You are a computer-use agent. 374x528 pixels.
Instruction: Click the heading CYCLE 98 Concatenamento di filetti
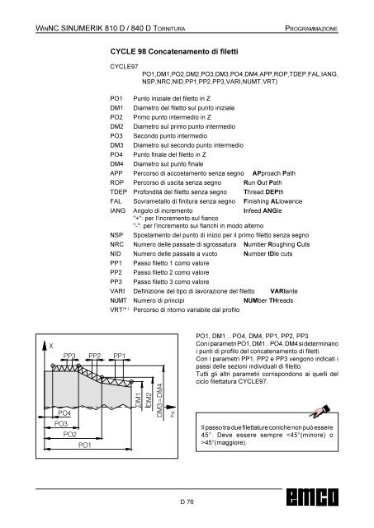coord(174,51)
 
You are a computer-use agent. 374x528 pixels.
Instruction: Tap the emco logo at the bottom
coord(312,497)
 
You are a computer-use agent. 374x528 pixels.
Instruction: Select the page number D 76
coord(187,502)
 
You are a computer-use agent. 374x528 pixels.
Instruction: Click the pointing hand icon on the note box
coord(320,411)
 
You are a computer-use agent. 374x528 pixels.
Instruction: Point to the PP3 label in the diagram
coord(69,356)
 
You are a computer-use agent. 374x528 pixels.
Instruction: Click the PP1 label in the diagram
coord(119,356)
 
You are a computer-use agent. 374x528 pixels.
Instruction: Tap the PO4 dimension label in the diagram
coord(64,412)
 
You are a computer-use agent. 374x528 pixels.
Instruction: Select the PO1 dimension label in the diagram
coord(84,445)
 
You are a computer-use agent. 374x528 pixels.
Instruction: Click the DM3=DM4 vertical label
coord(159,400)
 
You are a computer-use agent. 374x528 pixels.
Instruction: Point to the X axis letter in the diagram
coord(51,346)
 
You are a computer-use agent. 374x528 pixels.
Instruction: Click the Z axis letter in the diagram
coord(173,414)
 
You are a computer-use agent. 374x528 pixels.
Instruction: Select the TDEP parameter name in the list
coord(118,192)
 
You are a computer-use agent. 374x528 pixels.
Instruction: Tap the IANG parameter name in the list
coord(117,210)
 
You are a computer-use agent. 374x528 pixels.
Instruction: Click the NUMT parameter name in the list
coord(118,300)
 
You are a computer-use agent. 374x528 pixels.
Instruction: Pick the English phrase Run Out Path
coord(263,182)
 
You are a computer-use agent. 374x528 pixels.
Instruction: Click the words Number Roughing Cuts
coord(277,244)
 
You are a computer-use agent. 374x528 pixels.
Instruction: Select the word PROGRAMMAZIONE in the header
coord(311,28)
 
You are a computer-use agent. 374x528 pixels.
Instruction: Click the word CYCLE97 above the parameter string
coord(124,67)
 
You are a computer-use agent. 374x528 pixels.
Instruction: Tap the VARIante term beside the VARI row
coord(284,291)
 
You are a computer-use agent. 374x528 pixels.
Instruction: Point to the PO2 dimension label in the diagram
coord(69,435)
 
